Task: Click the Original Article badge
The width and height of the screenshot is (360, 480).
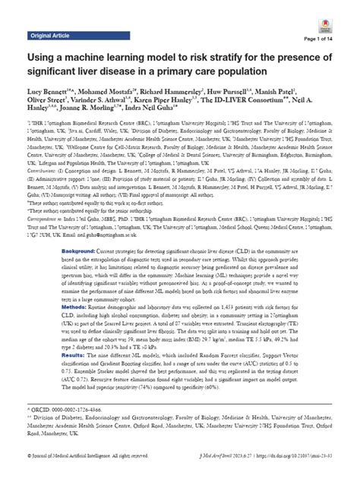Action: pos(50,36)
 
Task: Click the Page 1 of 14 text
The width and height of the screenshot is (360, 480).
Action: pos(330,39)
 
